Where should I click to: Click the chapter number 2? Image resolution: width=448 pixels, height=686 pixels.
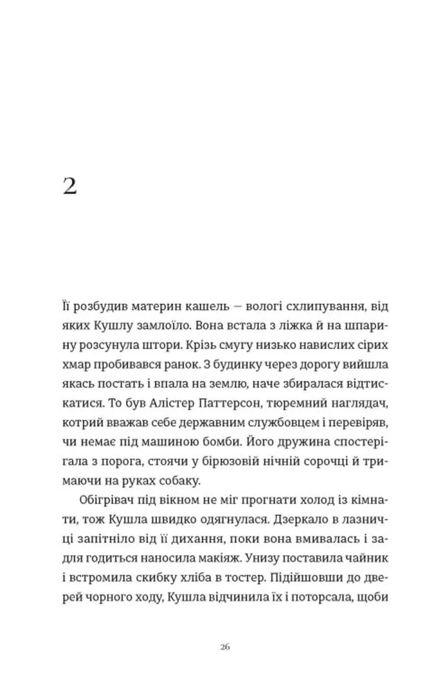(70, 186)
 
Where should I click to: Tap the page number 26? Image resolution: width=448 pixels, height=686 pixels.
(225, 647)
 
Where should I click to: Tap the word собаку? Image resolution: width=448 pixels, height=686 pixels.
(180, 480)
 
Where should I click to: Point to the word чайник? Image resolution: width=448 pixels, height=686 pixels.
(367, 558)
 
